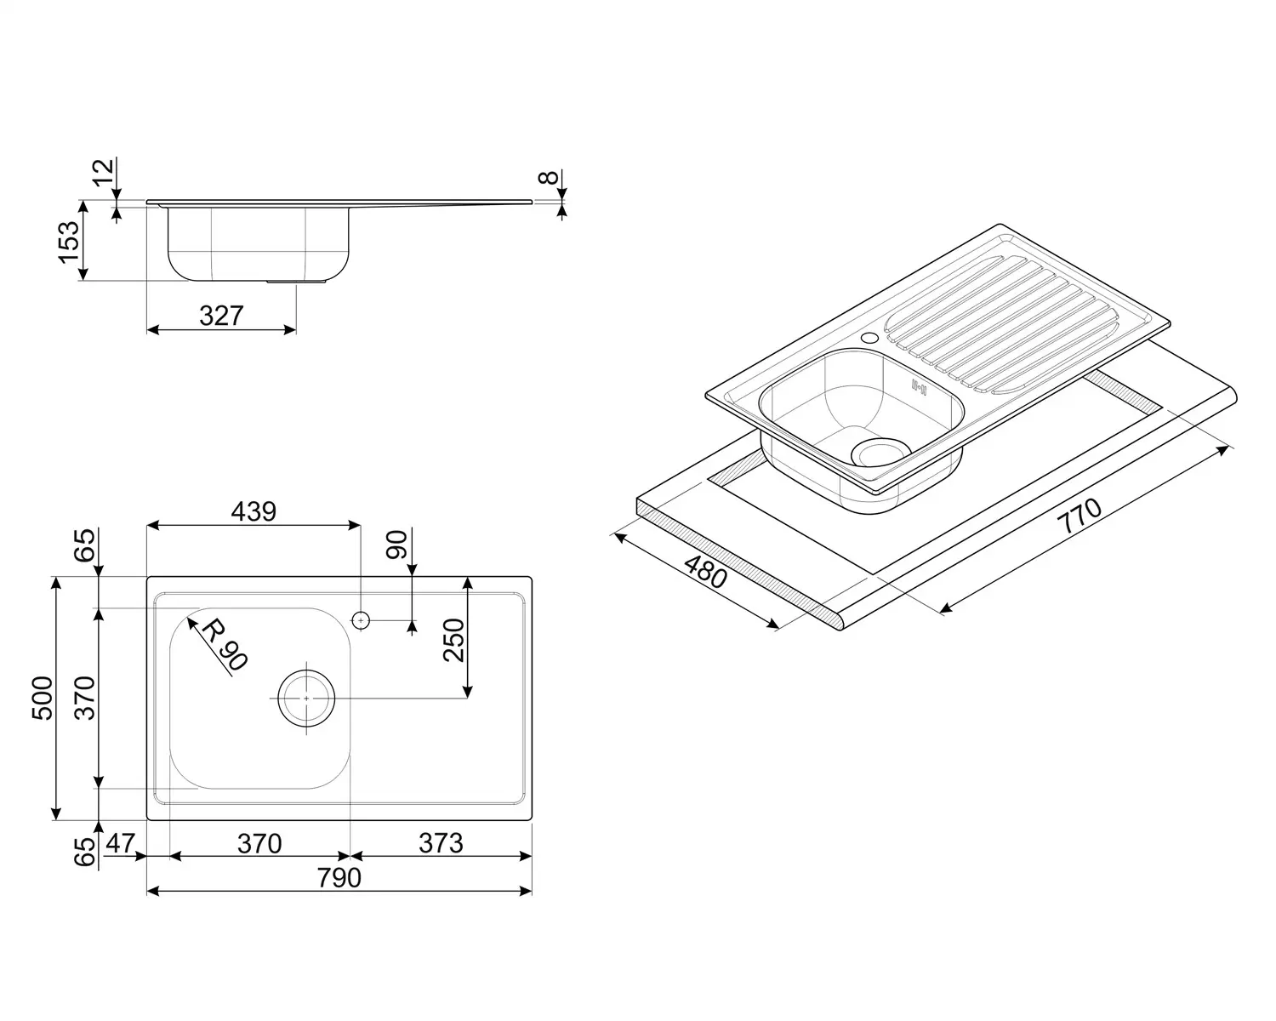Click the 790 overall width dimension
point(339,877)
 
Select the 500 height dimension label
point(43,698)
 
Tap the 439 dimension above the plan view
point(253,511)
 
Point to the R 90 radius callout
point(224,644)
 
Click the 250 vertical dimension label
point(454,640)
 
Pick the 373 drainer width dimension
point(441,843)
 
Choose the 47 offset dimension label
point(121,843)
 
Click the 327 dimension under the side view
point(221,316)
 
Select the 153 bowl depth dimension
point(70,242)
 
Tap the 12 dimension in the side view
point(103,172)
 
